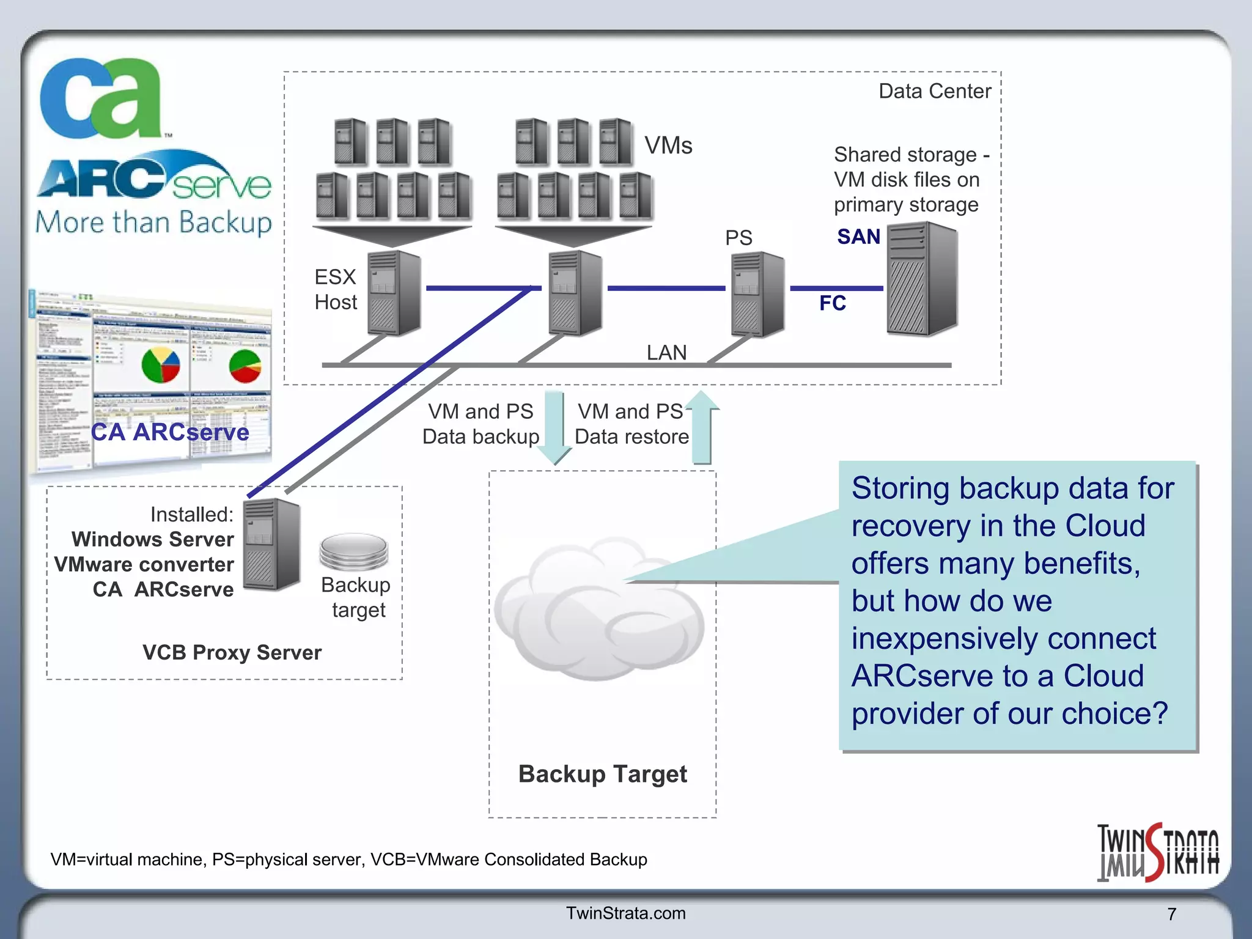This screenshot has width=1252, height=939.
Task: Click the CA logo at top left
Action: point(101,98)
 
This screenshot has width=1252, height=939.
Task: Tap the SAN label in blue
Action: point(858,237)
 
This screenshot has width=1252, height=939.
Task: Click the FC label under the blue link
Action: point(832,303)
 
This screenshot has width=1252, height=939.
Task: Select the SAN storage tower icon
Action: point(922,279)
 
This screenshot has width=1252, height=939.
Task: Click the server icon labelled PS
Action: point(757,295)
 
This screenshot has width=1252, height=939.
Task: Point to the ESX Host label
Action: point(336,290)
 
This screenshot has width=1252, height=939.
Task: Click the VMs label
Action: point(668,145)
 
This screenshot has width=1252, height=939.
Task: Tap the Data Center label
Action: point(934,91)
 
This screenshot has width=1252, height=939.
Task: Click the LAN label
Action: point(666,353)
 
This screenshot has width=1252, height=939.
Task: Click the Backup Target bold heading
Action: point(602,774)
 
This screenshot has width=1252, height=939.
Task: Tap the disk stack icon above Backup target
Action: point(354,551)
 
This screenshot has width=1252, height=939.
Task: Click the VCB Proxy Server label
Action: point(232,652)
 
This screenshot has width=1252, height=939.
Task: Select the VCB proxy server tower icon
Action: point(271,544)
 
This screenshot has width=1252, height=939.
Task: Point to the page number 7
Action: point(1171,914)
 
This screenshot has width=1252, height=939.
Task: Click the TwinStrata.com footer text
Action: point(625,913)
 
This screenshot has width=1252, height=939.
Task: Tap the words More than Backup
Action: point(153,223)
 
